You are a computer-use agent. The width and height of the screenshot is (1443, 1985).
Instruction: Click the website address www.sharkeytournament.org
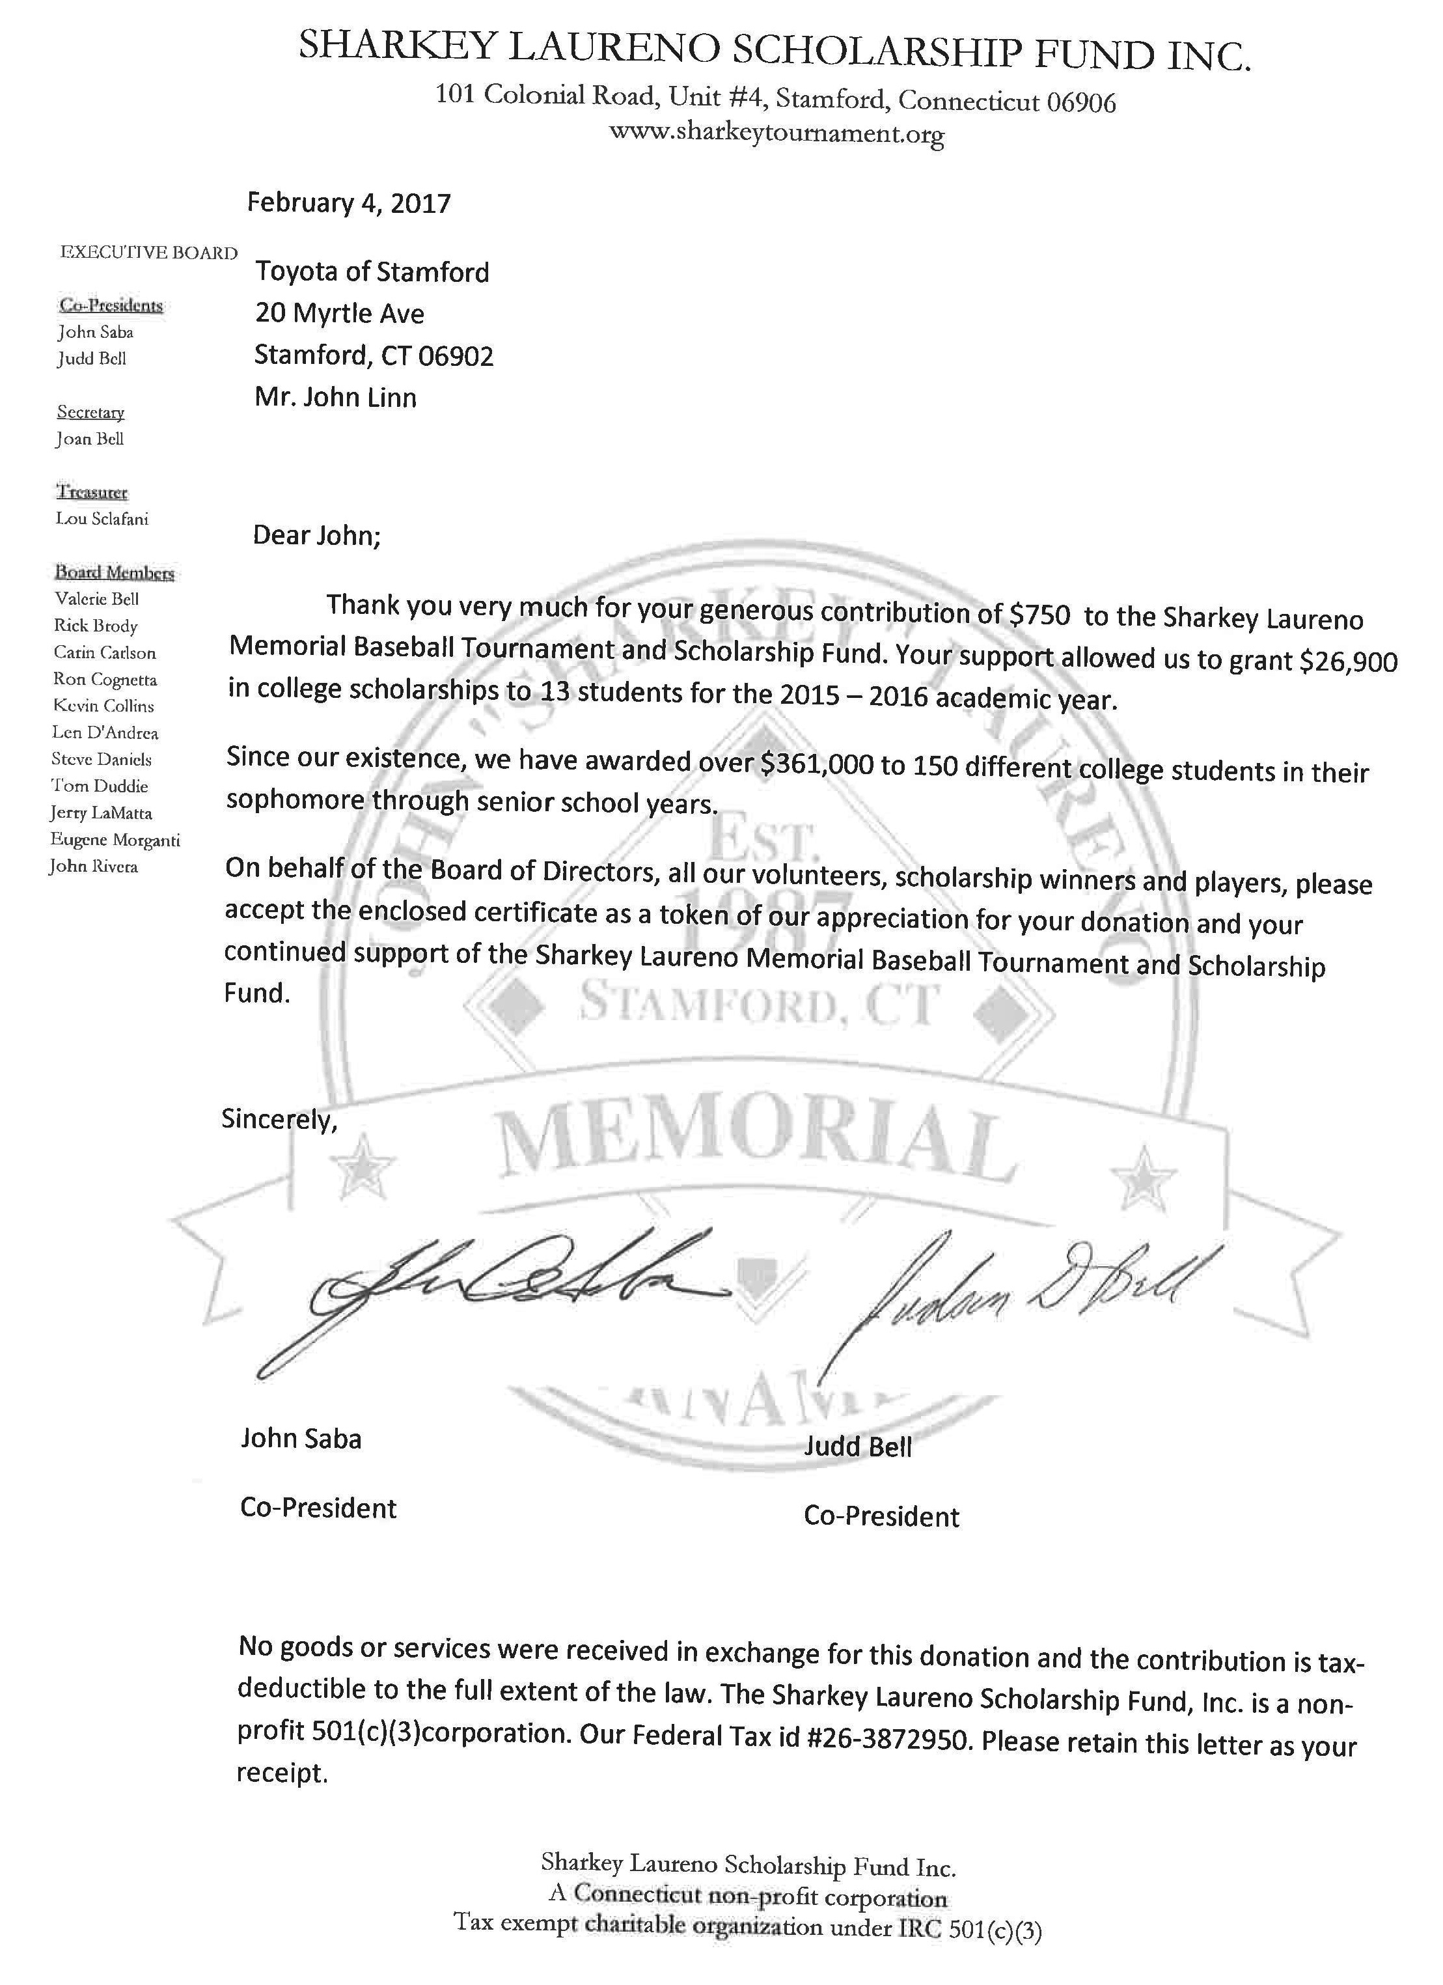(x=776, y=133)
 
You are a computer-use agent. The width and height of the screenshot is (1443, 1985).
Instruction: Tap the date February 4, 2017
(x=348, y=203)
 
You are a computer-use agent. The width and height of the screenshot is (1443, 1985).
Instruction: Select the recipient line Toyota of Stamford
(x=372, y=272)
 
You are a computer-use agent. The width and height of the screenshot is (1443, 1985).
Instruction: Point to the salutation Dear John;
(x=317, y=534)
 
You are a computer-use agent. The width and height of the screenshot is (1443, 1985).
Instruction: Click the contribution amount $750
(x=1039, y=615)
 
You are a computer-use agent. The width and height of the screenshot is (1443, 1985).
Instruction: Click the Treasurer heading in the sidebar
(x=92, y=492)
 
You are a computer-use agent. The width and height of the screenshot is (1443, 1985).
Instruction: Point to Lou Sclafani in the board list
(x=102, y=519)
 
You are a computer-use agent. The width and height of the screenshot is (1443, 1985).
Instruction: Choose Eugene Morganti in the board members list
(x=115, y=840)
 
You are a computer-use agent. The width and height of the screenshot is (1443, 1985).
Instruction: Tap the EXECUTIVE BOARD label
(x=148, y=253)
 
